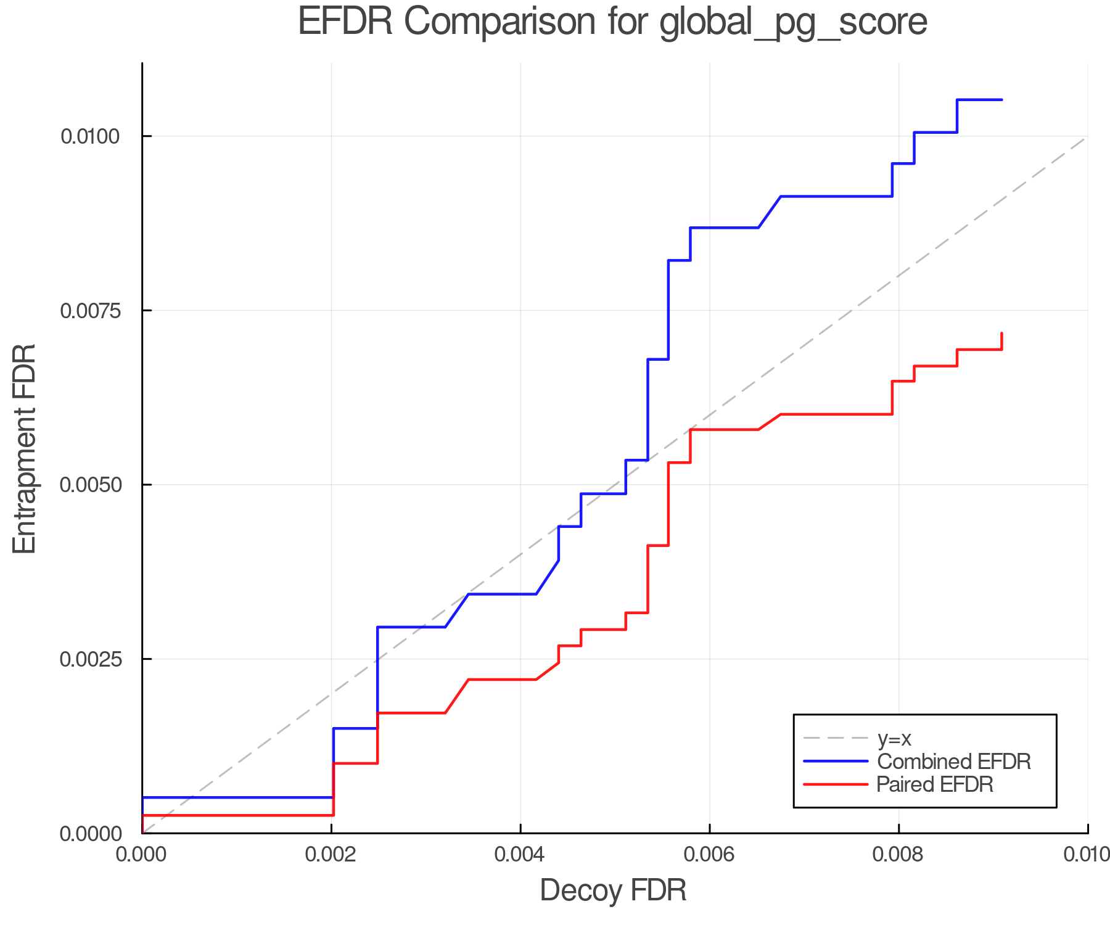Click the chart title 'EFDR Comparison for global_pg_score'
612,22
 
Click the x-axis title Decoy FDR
613,890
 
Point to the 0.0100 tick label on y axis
89,136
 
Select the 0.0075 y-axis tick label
89,311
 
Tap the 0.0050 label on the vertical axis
89,485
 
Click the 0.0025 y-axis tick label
89,659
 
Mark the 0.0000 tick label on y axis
89,834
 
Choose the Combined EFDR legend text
953,762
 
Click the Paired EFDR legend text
934,784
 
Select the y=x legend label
894,738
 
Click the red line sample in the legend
836,784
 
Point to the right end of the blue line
1001,100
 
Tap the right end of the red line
1001,334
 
